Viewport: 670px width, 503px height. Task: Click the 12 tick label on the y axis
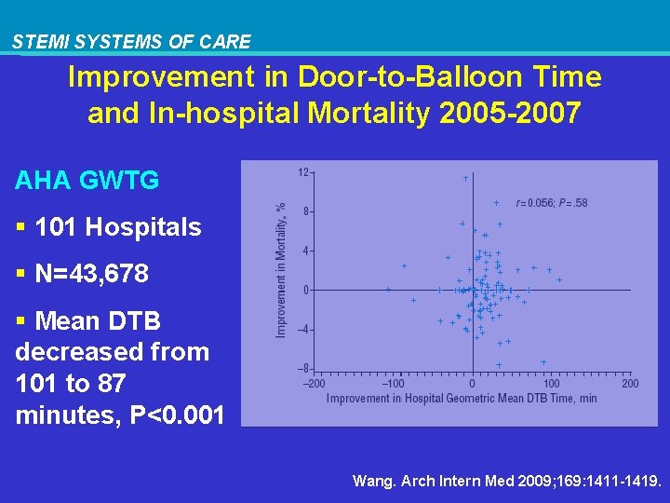coord(303,172)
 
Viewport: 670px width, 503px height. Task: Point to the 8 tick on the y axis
coord(306,211)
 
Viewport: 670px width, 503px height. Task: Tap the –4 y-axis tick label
coord(303,330)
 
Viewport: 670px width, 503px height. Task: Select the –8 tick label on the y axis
coord(303,369)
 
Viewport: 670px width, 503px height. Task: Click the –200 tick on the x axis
coord(315,384)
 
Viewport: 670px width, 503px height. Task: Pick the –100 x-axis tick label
coord(393,384)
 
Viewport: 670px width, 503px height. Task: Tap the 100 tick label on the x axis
coord(552,384)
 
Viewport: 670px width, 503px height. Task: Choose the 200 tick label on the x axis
coord(630,384)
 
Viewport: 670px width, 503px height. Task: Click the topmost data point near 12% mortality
coord(465,178)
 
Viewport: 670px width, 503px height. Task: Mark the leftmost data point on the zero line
coord(388,290)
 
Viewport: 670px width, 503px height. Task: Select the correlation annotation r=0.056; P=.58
coord(552,203)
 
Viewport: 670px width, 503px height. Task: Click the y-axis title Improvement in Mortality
coord(281,271)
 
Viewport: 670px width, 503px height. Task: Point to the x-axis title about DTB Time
coord(462,399)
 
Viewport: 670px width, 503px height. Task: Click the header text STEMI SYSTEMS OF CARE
coord(131,42)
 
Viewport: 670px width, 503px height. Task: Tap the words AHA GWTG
coord(87,181)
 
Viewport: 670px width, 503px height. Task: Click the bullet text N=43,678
coord(91,275)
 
